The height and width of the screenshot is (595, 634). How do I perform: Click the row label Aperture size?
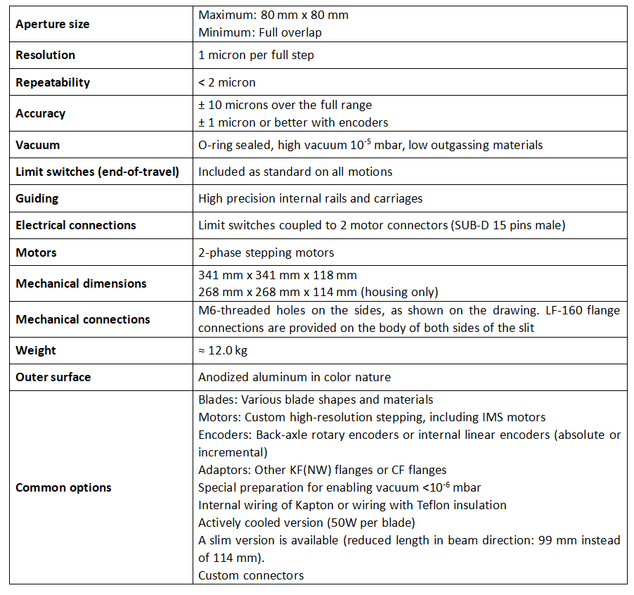[53, 24]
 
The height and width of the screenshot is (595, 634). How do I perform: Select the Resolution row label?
[45, 55]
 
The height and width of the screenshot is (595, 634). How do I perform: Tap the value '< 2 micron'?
[227, 82]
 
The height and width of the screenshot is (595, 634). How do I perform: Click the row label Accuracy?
[40, 113]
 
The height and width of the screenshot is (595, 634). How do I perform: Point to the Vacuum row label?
[37, 145]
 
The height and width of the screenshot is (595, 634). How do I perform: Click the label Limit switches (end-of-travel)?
[97, 172]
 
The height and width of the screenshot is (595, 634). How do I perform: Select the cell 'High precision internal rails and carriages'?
[310, 198]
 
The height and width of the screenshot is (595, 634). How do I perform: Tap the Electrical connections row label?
[75, 225]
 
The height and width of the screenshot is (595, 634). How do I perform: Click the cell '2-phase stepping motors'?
[266, 252]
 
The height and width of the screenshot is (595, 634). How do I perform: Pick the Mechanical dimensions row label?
[81, 283]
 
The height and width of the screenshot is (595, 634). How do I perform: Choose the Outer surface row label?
[53, 377]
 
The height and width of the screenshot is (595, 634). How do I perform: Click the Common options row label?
[63, 487]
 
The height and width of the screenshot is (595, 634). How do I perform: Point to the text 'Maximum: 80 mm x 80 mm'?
[273, 15]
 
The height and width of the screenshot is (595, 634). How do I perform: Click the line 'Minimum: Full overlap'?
[260, 32]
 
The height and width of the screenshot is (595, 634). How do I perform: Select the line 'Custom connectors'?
[251, 575]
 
